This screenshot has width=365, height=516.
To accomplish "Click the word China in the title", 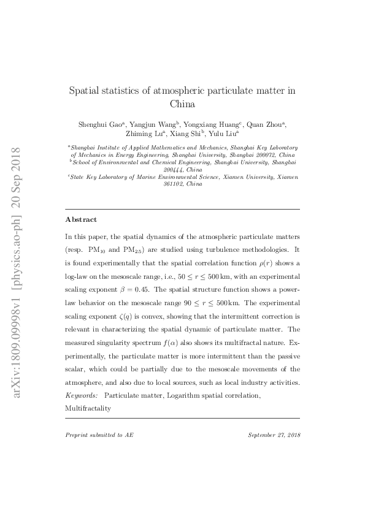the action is (x=182, y=104).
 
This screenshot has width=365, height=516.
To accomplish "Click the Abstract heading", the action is (x=80, y=219).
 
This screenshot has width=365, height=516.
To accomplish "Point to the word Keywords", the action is (x=82, y=396).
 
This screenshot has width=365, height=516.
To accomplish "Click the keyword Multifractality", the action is (x=88, y=407).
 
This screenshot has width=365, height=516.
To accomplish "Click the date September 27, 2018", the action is (x=274, y=434).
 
